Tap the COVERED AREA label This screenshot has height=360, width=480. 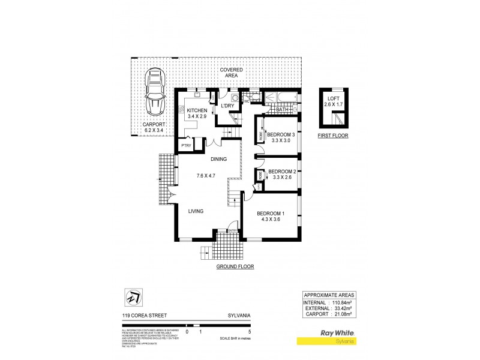point(231,72)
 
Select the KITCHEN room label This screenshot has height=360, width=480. point(197,111)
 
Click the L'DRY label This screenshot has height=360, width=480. point(228,107)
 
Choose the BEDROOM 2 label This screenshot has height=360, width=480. point(281,171)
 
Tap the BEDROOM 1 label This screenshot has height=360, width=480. point(271,214)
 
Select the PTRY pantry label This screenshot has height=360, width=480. point(186,145)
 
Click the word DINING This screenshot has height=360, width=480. point(218,159)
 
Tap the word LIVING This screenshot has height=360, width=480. point(196,211)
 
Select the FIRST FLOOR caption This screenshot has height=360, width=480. point(332,136)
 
